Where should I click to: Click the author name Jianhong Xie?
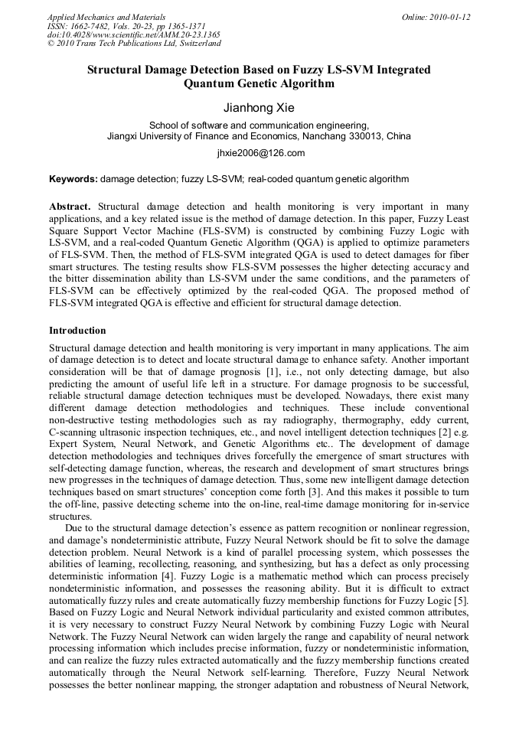259,108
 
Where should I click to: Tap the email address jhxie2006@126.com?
260,152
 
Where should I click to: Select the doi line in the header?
133,34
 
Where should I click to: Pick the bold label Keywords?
73,179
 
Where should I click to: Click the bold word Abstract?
70,207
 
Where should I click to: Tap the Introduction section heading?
77,331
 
